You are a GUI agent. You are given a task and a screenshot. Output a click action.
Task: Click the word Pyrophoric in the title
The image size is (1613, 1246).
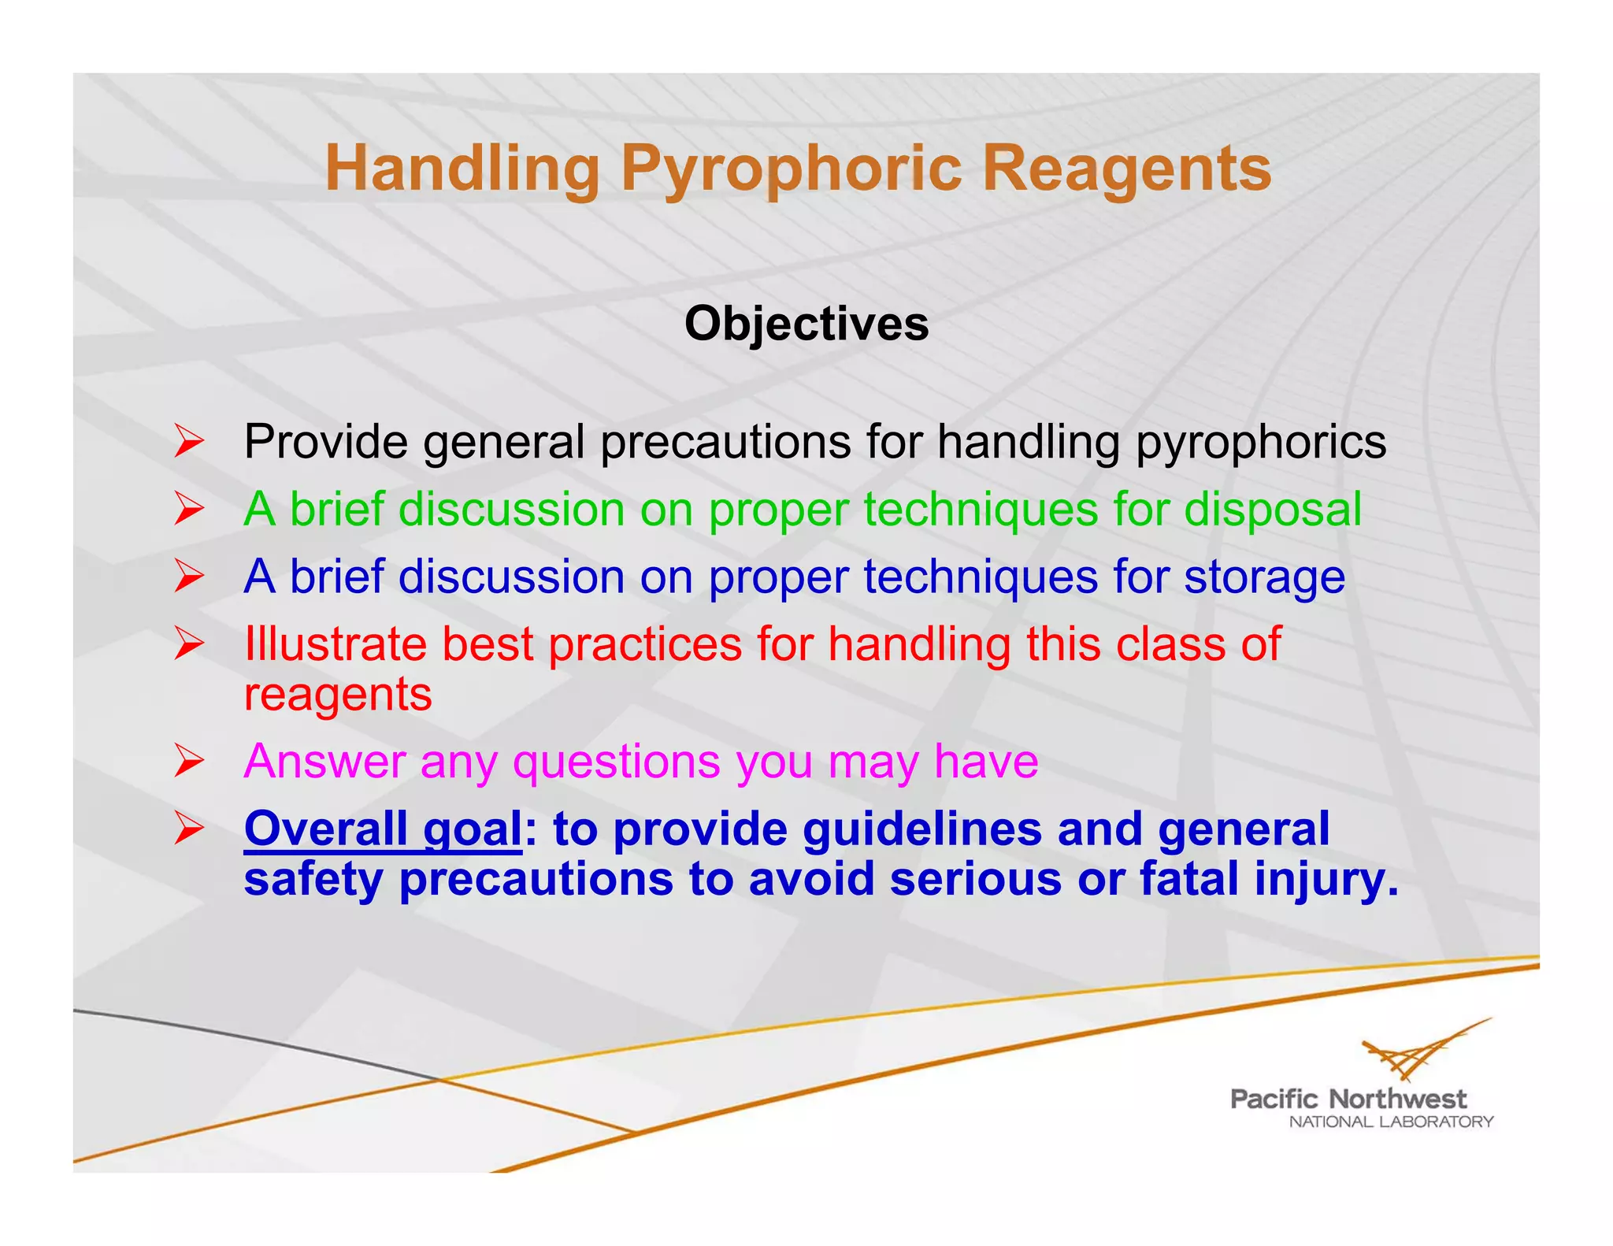(x=790, y=169)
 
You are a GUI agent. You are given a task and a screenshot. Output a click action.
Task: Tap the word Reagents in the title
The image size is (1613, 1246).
(x=1126, y=169)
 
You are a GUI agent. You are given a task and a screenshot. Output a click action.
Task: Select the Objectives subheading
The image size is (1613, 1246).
(x=806, y=324)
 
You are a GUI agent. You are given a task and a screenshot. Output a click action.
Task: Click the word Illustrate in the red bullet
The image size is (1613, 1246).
(x=335, y=644)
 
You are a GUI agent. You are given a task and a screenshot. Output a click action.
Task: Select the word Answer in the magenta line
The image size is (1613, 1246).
(x=324, y=762)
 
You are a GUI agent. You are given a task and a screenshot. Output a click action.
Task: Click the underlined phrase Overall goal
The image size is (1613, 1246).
(x=383, y=829)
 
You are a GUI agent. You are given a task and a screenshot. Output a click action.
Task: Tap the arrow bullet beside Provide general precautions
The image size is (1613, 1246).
(x=189, y=441)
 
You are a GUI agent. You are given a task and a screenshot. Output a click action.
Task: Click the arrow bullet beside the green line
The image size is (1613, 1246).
(x=189, y=509)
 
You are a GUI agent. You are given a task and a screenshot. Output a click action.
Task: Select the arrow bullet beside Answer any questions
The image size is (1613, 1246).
(x=189, y=761)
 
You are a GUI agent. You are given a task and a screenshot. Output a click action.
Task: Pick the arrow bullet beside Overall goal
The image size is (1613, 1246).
(x=189, y=829)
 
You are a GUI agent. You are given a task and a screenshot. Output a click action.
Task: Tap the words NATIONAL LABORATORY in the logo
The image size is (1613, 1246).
(x=1391, y=1122)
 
